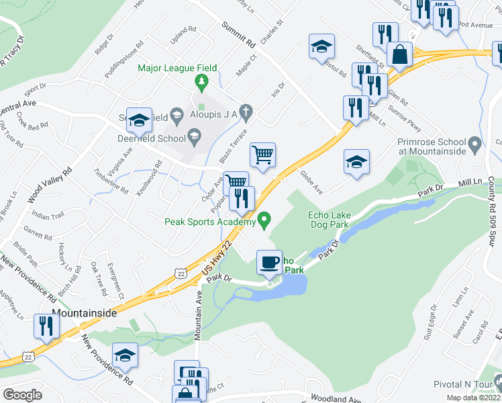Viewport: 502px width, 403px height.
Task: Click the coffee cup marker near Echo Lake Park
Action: [270, 261]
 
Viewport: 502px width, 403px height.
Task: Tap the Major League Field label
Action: [178, 68]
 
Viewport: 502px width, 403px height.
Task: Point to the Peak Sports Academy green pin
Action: [264, 220]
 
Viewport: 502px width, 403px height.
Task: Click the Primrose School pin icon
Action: [474, 144]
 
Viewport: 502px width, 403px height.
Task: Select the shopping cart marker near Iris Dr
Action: [262, 155]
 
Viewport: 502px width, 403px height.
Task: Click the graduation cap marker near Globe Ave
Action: [356, 162]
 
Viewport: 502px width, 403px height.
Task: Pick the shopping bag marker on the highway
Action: [399, 56]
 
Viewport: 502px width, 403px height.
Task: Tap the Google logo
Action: [22, 394]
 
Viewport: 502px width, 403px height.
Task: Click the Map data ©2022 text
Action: [470, 398]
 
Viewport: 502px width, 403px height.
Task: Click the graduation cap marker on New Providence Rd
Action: [125, 356]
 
